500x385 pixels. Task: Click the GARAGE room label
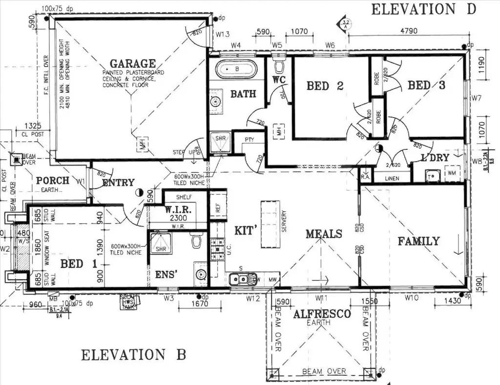[132, 63]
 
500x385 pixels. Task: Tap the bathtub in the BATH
[236, 69]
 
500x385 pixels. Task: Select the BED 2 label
[325, 86]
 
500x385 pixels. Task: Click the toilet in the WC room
[280, 66]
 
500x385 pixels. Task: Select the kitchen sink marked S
[239, 279]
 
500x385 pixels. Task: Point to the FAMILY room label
[418, 241]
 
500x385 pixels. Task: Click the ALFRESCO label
[322, 314]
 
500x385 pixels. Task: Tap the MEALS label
[324, 234]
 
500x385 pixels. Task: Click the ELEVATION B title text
[133, 355]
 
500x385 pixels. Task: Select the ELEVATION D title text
[423, 9]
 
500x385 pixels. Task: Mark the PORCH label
[53, 181]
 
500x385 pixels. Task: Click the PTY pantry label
[250, 140]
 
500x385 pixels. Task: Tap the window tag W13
[223, 34]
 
